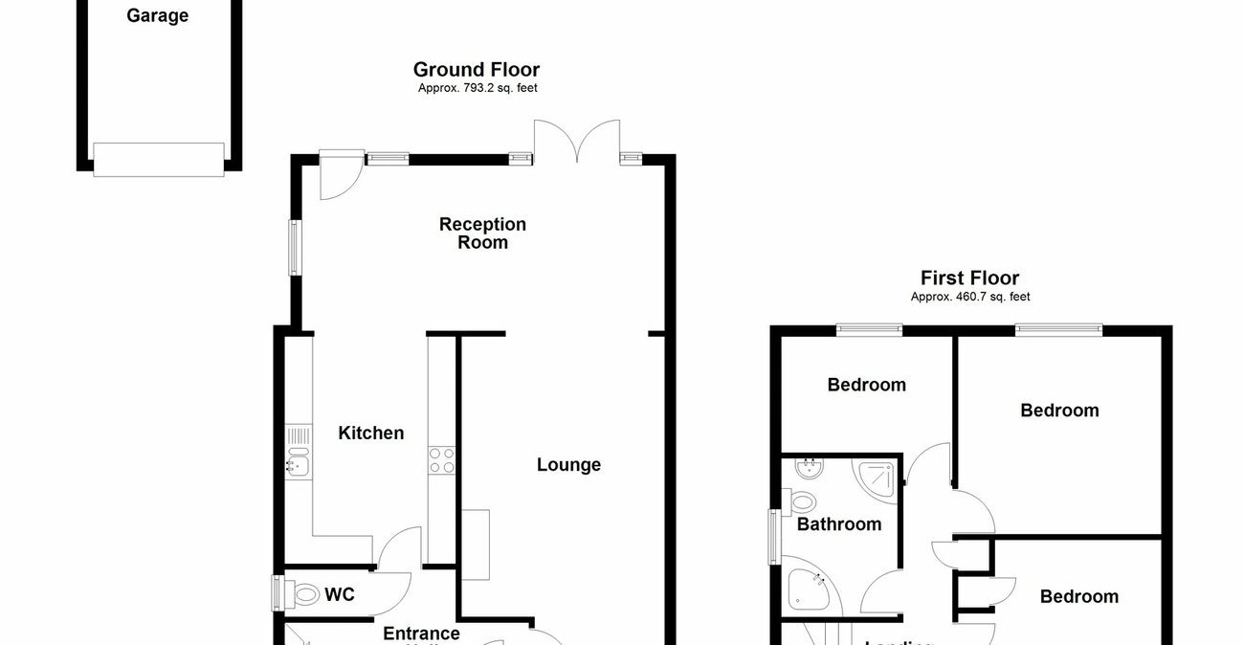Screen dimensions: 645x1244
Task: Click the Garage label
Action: pos(157,16)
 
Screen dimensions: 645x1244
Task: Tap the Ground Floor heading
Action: pos(476,70)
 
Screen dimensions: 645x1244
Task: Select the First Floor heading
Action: pos(969,278)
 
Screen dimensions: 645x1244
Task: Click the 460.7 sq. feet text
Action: pos(969,298)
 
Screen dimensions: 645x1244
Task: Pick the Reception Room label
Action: pos(482,234)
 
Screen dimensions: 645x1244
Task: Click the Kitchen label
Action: pos(371,434)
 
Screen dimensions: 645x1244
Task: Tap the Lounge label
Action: pos(568,465)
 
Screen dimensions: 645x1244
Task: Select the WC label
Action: pos(339,595)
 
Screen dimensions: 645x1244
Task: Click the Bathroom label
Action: pos(839,524)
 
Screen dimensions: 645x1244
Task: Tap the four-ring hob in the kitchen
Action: pos(441,460)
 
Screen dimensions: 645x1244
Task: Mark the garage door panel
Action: pos(159,159)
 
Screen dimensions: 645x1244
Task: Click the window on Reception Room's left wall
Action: pos(296,248)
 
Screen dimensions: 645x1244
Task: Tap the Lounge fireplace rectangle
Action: pos(476,545)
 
